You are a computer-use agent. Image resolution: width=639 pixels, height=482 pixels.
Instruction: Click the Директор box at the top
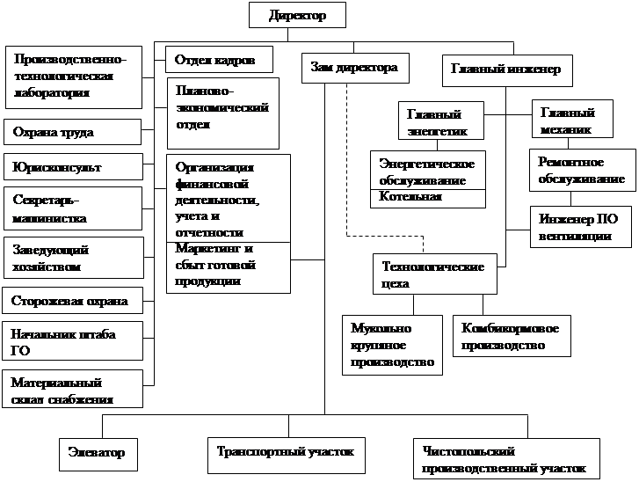(x=297, y=15)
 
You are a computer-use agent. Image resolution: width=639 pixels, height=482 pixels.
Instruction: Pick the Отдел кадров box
(x=218, y=60)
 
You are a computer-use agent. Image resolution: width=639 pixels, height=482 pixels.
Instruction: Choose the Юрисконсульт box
(x=72, y=166)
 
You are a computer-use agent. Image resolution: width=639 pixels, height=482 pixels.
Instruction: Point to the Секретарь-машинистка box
(x=72, y=208)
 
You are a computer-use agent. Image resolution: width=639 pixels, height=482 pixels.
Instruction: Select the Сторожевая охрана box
(x=72, y=302)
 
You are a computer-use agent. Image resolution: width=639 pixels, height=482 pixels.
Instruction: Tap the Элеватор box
(x=97, y=453)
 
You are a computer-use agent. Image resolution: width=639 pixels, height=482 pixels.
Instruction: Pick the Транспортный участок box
(x=286, y=453)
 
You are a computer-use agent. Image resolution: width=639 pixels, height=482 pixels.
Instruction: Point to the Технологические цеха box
(x=434, y=274)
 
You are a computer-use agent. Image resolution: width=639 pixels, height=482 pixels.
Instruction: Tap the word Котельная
(x=411, y=197)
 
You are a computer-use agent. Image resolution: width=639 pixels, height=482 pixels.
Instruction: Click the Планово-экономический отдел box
(x=222, y=112)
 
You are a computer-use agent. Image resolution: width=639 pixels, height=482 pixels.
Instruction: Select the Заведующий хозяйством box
(x=72, y=257)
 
